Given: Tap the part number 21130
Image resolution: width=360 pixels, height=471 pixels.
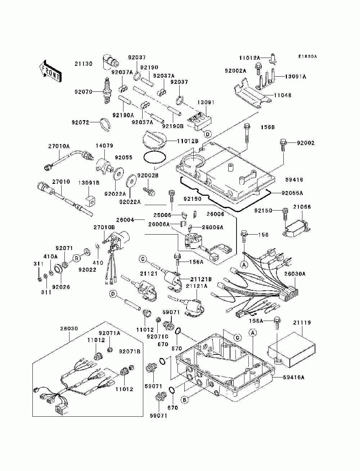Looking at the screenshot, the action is (84, 64).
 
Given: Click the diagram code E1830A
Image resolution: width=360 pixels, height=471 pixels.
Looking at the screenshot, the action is (307, 56).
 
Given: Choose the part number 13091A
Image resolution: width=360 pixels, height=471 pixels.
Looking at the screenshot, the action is (296, 76).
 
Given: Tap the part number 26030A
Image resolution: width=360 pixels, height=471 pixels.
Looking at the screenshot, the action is (295, 274).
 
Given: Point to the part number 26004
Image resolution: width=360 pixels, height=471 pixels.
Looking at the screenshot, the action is (125, 220).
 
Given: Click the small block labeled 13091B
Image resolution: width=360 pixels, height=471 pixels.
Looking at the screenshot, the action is (91, 200).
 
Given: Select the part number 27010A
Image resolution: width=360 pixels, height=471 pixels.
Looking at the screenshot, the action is (59, 146).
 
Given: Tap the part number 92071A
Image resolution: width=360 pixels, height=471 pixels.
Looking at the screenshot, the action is (109, 333).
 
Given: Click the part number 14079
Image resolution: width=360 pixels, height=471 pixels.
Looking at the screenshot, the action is (104, 145).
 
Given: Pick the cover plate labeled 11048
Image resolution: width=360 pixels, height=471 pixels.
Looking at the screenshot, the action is (252, 97).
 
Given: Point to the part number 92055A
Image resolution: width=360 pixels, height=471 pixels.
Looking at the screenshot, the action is (292, 193).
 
